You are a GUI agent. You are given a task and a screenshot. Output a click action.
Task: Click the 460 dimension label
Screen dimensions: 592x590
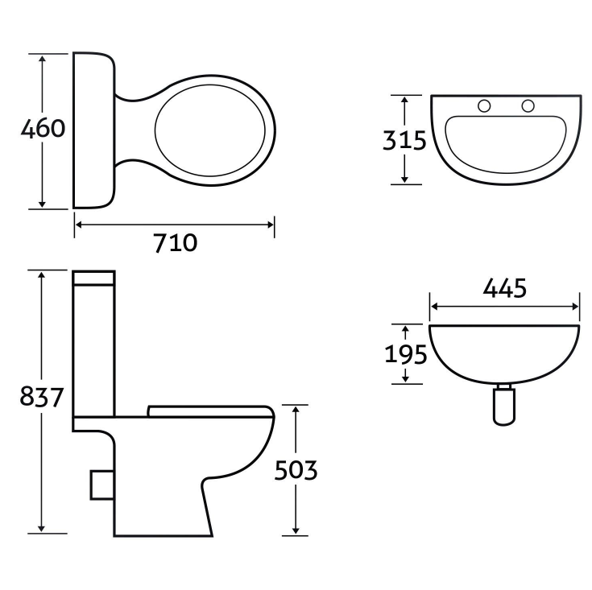click(x=43, y=128)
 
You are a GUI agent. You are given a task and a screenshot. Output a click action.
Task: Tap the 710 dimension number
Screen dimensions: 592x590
click(x=176, y=242)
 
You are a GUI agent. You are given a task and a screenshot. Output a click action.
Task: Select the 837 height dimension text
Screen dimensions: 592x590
click(x=41, y=397)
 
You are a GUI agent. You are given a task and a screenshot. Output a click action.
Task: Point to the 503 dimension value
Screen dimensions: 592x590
click(x=296, y=470)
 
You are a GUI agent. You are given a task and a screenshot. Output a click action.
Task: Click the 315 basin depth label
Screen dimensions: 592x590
click(x=404, y=140)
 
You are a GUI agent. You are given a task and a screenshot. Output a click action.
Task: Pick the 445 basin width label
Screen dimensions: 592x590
click(x=505, y=289)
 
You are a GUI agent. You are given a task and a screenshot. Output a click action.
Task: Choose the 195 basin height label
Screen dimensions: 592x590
click(x=405, y=355)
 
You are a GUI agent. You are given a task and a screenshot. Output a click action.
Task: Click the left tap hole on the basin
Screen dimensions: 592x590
click(x=484, y=106)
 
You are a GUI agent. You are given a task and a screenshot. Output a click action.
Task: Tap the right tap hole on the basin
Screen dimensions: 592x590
click(x=528, y=106)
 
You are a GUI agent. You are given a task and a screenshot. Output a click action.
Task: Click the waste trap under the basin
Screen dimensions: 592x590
click(x=504, y=405)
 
